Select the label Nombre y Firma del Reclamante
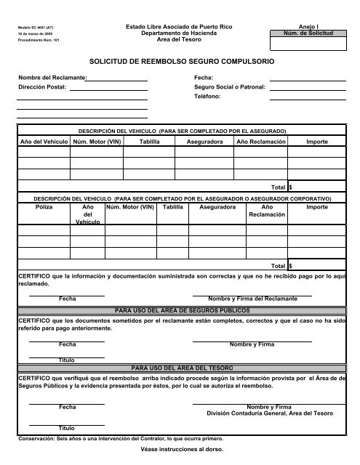(252, 299)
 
